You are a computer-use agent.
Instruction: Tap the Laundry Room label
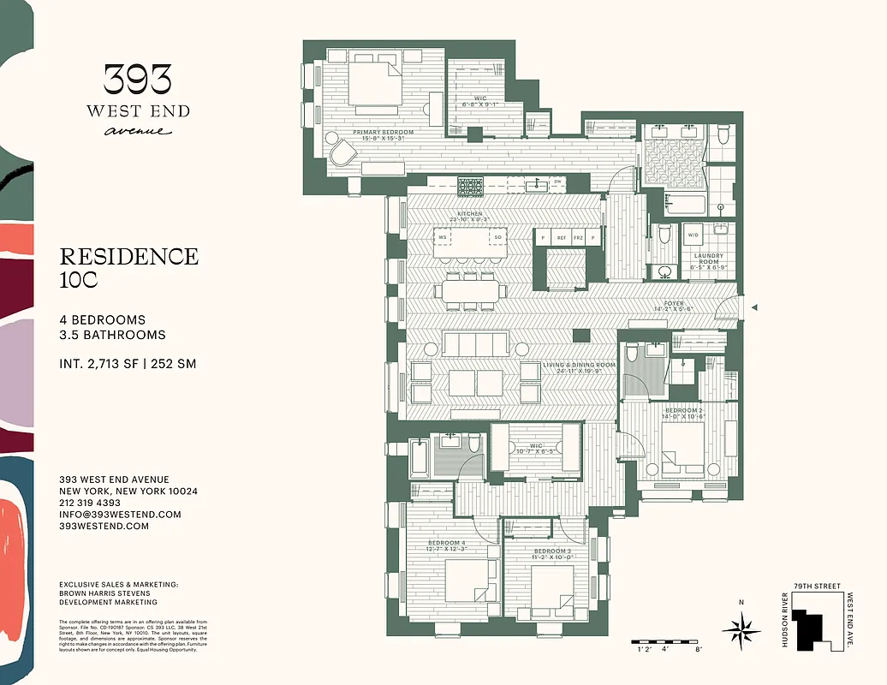[708, 259]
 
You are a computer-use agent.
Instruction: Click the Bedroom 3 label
[551, 551]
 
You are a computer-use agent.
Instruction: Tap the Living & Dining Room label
[579, 366]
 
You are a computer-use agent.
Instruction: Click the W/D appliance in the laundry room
[693, 235]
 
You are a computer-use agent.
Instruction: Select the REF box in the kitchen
[562, 237]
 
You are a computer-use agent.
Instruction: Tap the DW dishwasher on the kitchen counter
[557, 182]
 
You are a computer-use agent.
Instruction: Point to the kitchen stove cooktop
[470, 186]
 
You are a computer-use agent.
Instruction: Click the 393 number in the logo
[137, 81]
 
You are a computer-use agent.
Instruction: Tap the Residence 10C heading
[128, 267]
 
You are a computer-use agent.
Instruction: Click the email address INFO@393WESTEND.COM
[120, 515]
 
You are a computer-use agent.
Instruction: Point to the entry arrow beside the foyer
[753, 307]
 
